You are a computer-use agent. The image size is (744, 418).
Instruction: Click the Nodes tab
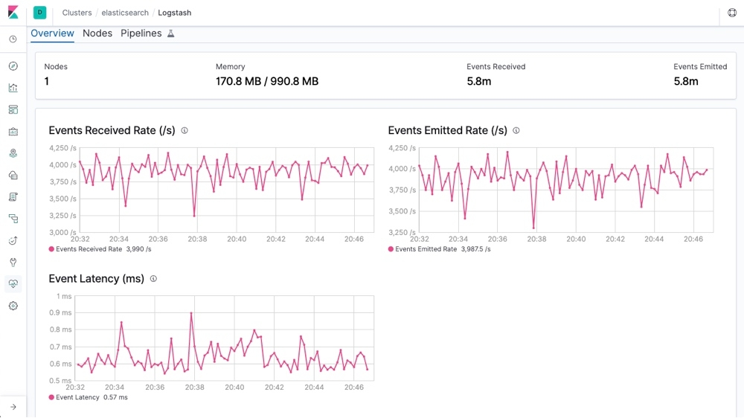(97, 33)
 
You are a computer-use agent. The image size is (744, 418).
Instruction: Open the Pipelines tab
(141, 33)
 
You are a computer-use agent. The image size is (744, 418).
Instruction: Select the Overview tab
(52, 33)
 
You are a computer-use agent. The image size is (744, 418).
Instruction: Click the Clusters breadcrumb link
(77, 13)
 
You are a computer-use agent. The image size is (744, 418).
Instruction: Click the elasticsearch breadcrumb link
(125, 13)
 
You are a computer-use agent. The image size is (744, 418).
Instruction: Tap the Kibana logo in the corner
(13, 13)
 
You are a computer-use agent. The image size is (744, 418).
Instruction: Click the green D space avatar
(39, 13)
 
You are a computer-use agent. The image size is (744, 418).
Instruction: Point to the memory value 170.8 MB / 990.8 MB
(266, 82)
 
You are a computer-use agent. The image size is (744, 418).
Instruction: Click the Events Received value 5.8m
(478, 82)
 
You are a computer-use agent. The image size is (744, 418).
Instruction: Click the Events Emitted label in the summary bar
(700, 67)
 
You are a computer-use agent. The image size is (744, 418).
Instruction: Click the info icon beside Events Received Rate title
(185, 131)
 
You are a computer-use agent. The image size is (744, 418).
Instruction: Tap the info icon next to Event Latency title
(153, 279)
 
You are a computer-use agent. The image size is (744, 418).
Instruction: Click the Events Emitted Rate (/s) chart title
(447, 131)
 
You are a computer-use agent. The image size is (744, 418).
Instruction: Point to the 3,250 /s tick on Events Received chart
(62, 216)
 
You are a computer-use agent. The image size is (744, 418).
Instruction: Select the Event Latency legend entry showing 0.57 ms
(88, 398)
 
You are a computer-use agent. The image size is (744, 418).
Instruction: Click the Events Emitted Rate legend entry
(439, 249)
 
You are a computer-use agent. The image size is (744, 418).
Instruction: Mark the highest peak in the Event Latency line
(191, 313)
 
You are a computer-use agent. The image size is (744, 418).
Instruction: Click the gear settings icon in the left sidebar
(13, 306)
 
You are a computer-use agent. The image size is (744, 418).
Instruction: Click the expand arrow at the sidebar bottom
(13, 407)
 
